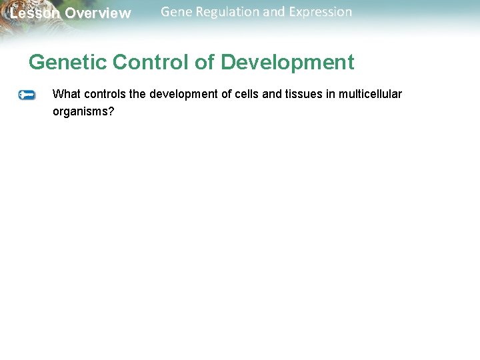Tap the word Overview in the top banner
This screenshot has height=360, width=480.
[x=98, y=13]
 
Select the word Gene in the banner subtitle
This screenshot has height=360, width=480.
[x=176, y=12]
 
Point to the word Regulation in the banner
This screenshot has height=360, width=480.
[x=229, y=12]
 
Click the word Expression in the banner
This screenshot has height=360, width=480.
[x=320, y=12]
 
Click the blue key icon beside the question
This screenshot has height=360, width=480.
[x=27, y=95]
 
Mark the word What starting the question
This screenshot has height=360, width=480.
[x=65, y=94]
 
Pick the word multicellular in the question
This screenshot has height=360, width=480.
[x=370, y=94]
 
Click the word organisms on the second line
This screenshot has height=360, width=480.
[x=83, y=111]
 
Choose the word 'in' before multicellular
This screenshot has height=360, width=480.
[x=331, y=94]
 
